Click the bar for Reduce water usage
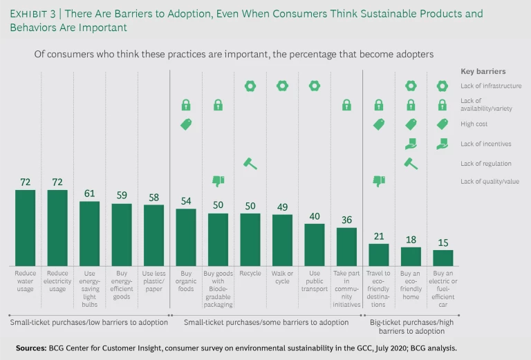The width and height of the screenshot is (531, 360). click(x=26, y=228)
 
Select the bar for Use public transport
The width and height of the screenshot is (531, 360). click(x=315, y=245)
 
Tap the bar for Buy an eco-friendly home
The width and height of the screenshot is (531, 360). click(x=411, y=256)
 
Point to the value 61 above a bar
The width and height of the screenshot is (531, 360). click(x=90, y=194)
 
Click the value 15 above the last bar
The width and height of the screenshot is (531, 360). click(x=443, y=243)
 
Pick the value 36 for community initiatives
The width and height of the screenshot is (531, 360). click(x=346, y=220)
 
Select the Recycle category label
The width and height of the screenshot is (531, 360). click(x=250, y=273)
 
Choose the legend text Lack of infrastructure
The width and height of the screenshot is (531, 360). click(x=491, y=86)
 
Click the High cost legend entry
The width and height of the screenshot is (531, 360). click(x=475, y=124)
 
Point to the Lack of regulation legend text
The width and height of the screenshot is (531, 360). click(x=486, y=163)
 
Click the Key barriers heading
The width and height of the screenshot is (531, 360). click(x=483, y=71)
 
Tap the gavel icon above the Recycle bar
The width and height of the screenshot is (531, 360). click(x=250, y=164)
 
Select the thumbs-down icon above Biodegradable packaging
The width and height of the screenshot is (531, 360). click(x=218, y=182)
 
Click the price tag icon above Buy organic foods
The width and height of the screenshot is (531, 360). click(x=186, y=124)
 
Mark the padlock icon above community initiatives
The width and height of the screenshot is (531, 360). click(x=346, y=105)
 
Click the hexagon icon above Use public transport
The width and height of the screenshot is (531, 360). click(x=315, y=86)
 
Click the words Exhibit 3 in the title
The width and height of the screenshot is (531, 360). click(x=34, y=14)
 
